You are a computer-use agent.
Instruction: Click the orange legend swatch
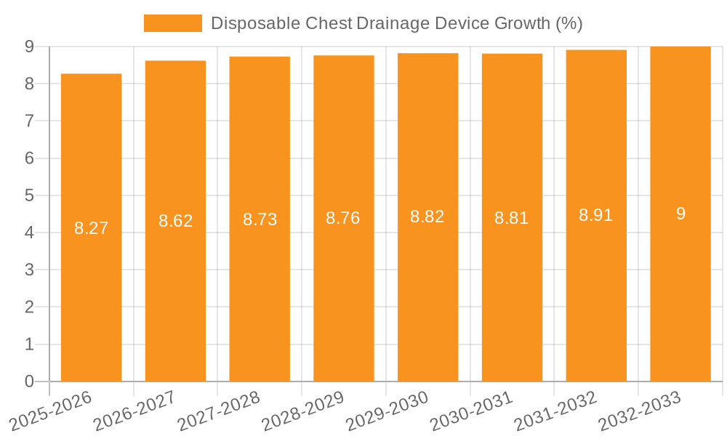173,23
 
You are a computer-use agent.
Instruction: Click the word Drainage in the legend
393,23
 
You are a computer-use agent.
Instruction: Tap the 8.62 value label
175,221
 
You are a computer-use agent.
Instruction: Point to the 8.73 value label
260,219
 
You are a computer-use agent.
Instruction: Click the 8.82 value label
427,217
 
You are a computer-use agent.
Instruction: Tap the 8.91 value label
596,215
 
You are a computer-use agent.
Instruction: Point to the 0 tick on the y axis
29,381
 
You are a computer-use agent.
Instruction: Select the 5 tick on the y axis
29,195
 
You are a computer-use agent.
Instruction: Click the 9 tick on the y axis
29,47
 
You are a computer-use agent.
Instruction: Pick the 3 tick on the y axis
29,270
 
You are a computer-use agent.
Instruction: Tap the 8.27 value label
91,228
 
